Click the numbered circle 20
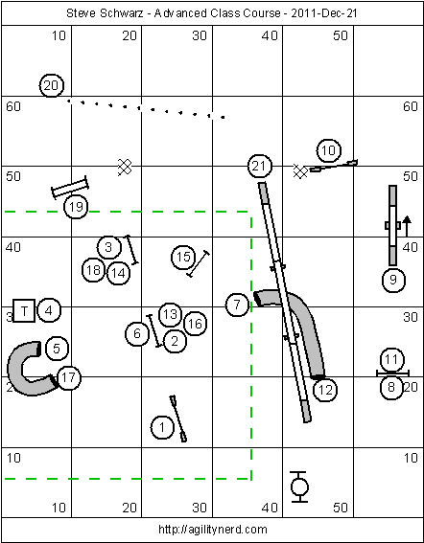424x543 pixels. (x=52, y=85)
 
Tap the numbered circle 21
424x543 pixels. (x=260, y=167)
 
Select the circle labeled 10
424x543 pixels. (x=329, y=150)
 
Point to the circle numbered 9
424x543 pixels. (x=393, y=280)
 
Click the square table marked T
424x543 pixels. (x=24, y=310)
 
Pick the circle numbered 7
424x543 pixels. (x=237, y=305)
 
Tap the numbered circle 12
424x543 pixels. (x=325, y=390)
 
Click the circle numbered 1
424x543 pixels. (x=162, y=427)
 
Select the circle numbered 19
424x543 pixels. (x=76, y=207)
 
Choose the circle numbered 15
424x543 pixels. (x=183, y=257)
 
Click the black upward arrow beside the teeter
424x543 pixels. (x=407, y=226)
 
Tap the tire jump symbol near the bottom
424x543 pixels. (x=299, y=486)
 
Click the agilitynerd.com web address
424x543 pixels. (x=213, y=530)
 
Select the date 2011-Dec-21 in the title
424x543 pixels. (x=324, y=13)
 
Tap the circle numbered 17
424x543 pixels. (x=69, y=377)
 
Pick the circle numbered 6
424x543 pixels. (x=137, y=333)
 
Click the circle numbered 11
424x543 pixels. (x=392, y=359)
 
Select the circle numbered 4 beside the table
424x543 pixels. (x=49, y=310)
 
